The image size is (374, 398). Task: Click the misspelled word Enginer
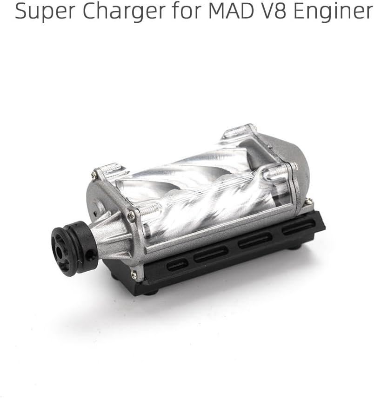pos(333,11)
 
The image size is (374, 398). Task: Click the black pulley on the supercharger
pos(74,248)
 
